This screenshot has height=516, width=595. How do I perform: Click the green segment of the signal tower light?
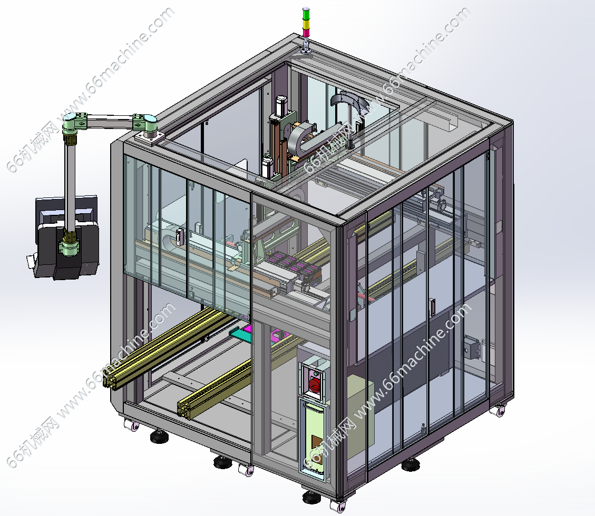point(306,13)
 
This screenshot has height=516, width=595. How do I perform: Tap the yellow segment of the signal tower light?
point(306,23)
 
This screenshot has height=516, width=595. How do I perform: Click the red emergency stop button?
point(314,384)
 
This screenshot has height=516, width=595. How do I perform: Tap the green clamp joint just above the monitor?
point(69,247)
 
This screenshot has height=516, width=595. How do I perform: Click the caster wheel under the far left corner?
point(131,425)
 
